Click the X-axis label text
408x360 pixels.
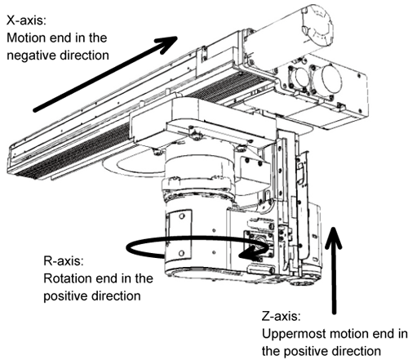[x=27, y=20]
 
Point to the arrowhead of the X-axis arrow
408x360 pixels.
[x=166, y=44]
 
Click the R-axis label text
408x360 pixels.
[x=64, y=261]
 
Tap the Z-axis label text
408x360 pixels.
[x=282, y=317]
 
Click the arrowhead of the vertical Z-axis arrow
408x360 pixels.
[x=333, y=238]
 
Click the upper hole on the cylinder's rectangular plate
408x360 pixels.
[x=182, y=216]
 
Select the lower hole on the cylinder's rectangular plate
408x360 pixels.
[x=181, y=253]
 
